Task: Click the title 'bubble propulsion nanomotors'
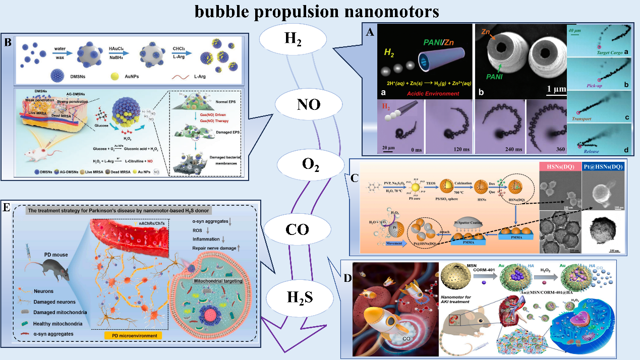(x=320, y=11)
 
